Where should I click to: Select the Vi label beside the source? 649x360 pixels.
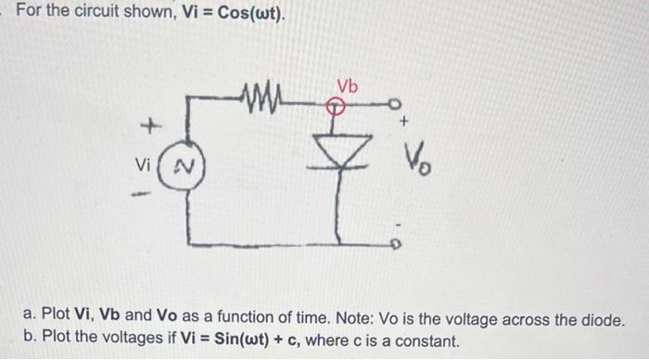click(x=142, y=168)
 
